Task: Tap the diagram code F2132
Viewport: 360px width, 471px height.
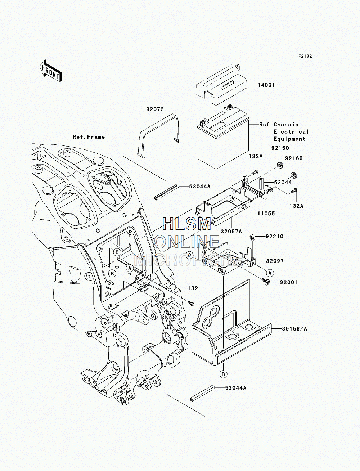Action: tap(305, 56)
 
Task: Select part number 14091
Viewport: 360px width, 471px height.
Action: tap(266, 85)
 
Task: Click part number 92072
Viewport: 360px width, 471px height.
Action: tap(155, 109)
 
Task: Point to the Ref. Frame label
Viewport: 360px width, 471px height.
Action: tap(89, 137)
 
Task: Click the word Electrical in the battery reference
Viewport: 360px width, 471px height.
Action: tap(291, 131)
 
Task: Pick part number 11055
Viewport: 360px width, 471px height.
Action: tap(266, 213)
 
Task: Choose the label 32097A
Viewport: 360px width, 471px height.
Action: tap(231, 231)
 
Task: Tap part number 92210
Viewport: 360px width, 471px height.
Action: tap(275, 237)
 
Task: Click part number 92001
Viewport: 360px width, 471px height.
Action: tap(289, 282)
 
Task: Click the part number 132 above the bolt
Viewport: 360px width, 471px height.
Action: tap(193, 288)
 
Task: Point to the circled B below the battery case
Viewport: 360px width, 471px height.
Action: tap(223, 374)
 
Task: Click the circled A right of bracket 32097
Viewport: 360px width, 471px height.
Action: tap(270, 273)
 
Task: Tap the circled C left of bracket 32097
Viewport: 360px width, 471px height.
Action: tap(190, 255)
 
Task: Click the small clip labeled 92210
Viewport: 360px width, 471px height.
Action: tap(252, 237)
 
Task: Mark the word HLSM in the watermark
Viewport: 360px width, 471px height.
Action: tap(186, 224)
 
